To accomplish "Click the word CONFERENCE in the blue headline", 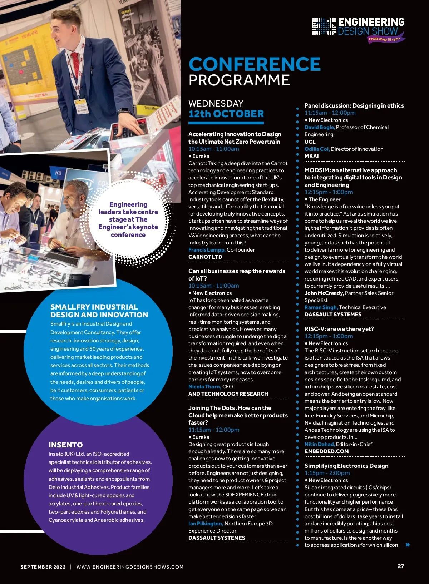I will pyautogui.click(x=255, y=64).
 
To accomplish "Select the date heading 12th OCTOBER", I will pyautogui.click(x=226, y=114).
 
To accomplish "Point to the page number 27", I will pyautogui.click(x=401, y=566).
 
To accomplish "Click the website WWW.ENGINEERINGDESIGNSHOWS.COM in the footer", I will pyautogui.click(x=130, y=567).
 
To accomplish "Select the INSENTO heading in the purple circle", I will pyautogui.click(x=65, y=445).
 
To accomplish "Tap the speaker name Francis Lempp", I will pyautogui.click(x=207, y=250).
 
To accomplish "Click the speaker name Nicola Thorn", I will pyautogui.click(x=204, y=387).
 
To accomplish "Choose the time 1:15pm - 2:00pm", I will pyautogui.click(x=327, y=473).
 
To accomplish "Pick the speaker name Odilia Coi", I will pyautogui.click(x=317, y=149).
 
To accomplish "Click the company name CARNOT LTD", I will pyautogui.click(x=205, y=257).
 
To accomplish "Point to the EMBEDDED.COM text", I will pyautogui.click(x=326, y=451).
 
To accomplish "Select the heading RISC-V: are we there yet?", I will pyautogui.click(x=339, y=329).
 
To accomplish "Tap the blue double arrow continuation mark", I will pyautogui.click(x=408, y=545).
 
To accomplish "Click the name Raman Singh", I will pyautogui.click(x=321, y=307).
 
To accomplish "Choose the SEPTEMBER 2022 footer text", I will pyautogui.click(x=43, y=567).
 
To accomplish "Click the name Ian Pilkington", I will pyautogui.click(x=206, y=524).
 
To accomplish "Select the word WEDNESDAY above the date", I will pyautogui.click(x=216, y=104).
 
